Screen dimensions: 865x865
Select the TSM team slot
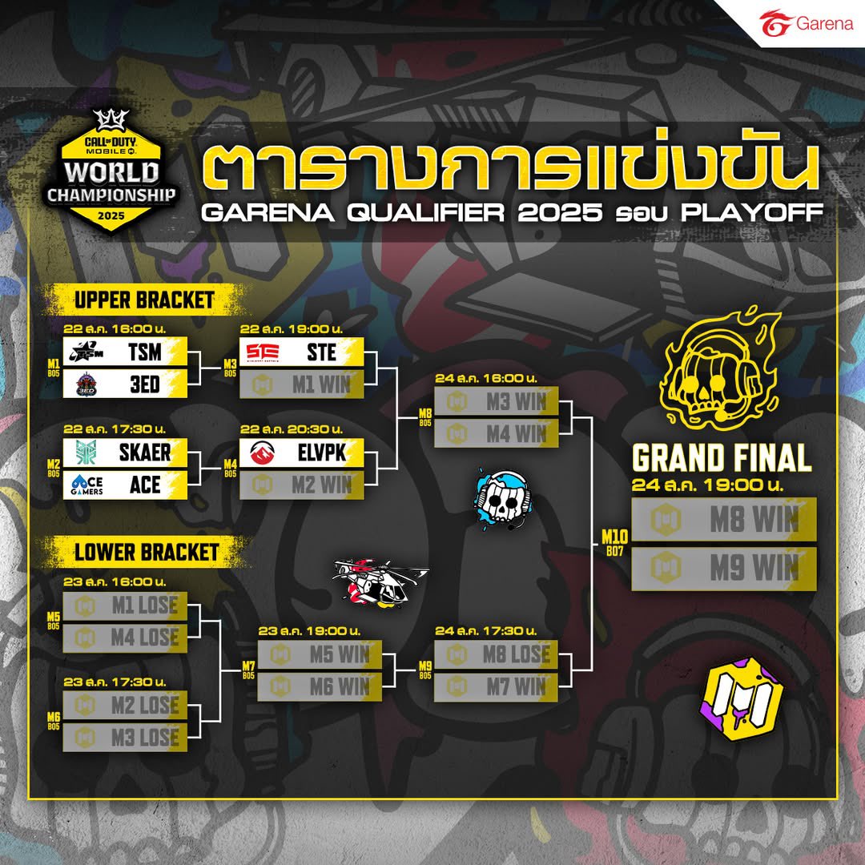(x=125, y=351)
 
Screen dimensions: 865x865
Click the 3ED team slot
(x=125, y=384)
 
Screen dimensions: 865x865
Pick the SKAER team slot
(x=125, y=453)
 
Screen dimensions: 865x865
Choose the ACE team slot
(x=125, y=485)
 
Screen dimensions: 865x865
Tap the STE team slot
(x=301, y=351)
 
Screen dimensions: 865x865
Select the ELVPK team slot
(x=301, y=453)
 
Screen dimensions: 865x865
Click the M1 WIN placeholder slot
(x=301, y=384)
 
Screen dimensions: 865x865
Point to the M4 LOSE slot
(x=125, y=638)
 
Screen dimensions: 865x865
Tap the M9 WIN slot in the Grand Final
(x=724, y=569)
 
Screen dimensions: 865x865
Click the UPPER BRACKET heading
(x=144, y=300)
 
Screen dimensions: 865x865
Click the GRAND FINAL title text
(x=722, y=459)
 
